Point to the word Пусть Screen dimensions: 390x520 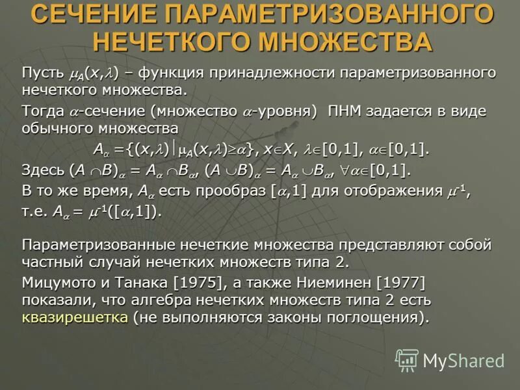coord(43,73)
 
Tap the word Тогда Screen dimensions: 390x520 coord(42,110)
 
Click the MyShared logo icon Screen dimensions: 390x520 coord(406,359)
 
